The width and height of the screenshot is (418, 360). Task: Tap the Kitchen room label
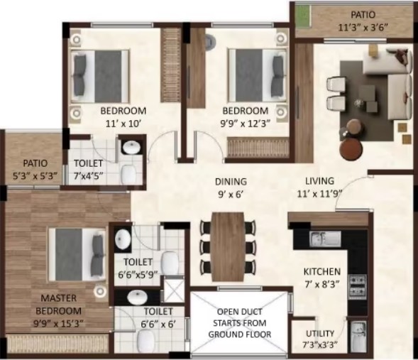pos(322,272)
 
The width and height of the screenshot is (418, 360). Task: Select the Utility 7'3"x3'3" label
pos(320,339)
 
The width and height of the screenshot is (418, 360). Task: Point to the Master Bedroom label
pos(58,305)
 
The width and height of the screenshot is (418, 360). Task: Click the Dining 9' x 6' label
pos(231,187)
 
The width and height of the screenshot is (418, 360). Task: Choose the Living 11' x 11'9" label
pos(319,187)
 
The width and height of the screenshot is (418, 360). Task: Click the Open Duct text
pos(239,312)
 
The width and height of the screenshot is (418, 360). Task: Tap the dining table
pos(228,246)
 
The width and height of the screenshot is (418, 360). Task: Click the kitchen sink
pos(325,239)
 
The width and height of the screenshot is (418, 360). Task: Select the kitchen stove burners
pos(357,287)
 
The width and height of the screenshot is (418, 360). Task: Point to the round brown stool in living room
pos(351,149)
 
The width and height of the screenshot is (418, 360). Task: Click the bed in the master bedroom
pos(77,254)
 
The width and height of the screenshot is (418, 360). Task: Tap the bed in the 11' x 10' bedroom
pos(99,76)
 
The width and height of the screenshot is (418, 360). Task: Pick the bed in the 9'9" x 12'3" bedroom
pos(257,75)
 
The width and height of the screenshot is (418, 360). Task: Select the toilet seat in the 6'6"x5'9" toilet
pos(170,263)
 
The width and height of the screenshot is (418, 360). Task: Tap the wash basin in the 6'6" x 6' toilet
pos(137,297)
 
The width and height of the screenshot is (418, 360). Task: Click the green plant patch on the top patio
pos(303,16)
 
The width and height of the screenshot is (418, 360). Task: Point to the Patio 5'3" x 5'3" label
pos(35,169)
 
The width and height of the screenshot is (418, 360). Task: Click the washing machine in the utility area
pos(358,337)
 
